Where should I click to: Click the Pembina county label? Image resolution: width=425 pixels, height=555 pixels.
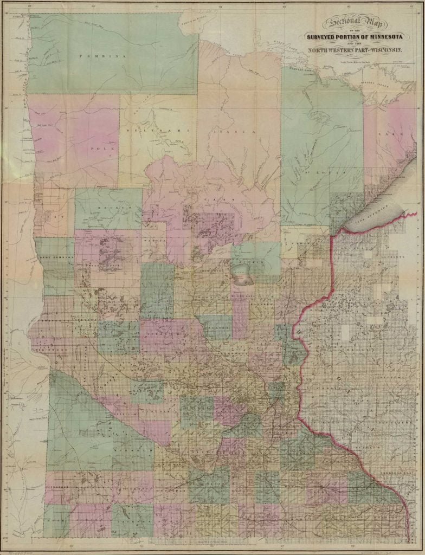click(x=102, y=56)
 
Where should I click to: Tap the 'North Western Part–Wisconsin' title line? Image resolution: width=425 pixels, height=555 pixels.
click(x=353, y=50)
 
